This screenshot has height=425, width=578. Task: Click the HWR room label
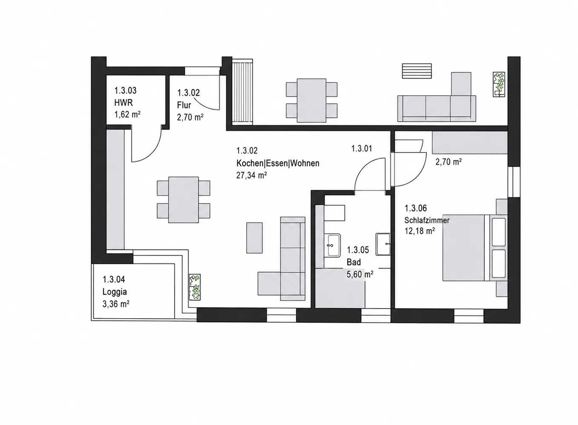tap(123, 102)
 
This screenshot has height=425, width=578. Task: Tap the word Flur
tap(184, 105)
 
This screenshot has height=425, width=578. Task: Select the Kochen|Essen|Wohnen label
tap(278, 163)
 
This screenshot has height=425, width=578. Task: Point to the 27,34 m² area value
tap(252, 175)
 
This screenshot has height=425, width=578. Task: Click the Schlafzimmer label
tap(427, 220)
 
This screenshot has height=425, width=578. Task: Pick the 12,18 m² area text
tap(420, 231)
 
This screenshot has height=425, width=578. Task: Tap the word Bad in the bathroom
tap(354, 262)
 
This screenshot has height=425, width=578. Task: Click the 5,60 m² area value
tap(360, 275)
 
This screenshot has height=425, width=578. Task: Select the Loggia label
tap(114, 292)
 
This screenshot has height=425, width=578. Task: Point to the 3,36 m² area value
tap(116, 304)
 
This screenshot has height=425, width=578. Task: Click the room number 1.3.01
tap(361, 148)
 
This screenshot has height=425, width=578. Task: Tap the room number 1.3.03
tap(126, 91)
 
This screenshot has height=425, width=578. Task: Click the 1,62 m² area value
tap(127, 114)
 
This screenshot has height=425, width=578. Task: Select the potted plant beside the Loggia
tap(195, 287)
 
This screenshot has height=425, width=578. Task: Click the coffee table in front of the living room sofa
tap(255, 238)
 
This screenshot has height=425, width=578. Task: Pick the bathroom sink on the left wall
tap(332, 245)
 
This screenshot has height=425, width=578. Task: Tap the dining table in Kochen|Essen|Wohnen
tap(183, 200)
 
